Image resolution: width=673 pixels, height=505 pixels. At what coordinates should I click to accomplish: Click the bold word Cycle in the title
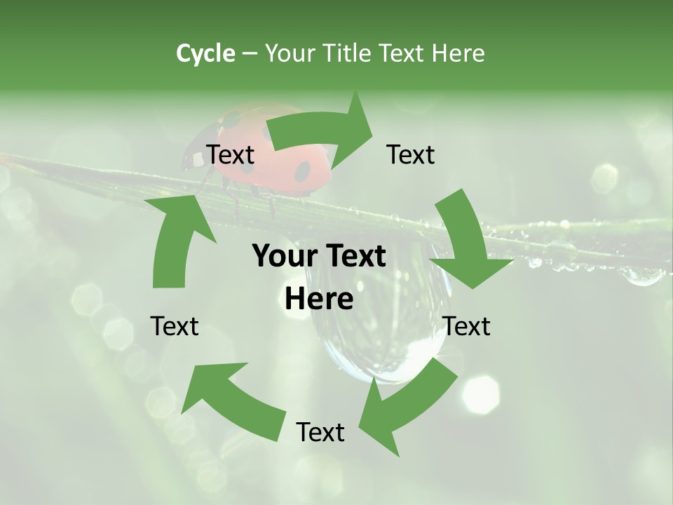point(205,53)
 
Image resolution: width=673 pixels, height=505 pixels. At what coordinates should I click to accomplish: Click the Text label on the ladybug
point(230,154)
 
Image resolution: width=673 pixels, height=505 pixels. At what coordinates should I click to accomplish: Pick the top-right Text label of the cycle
point(411,154)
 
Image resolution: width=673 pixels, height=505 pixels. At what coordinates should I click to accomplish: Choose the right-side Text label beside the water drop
point(467,326)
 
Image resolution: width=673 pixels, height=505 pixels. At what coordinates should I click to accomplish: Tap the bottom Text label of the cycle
point(320,432)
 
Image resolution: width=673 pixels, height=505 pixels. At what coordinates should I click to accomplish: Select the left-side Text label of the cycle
point(175,326)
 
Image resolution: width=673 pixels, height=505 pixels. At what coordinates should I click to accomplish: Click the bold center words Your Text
point(319,257)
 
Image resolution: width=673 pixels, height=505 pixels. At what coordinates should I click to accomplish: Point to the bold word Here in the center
point(319,299)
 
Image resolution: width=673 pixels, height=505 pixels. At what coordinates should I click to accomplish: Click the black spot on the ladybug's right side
point(302,170)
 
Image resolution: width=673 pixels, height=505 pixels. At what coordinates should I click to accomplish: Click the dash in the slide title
point(250,53)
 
